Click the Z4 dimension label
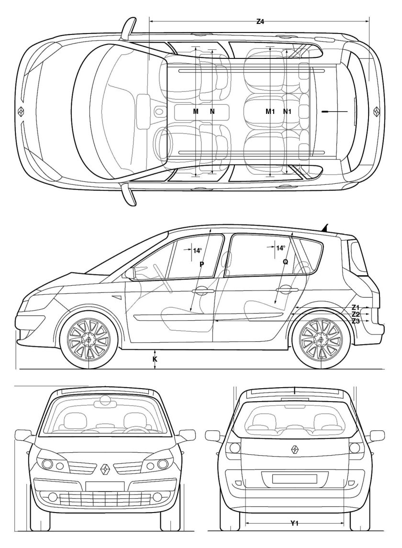click(260, 22)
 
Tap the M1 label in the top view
click(270, 112)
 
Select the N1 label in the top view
click(287, 112)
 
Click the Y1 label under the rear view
click(294, 523)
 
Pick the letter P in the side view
click(201, 264)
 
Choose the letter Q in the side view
click(285, 261)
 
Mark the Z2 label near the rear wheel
click(356, 314)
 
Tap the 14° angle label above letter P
click(198, 250)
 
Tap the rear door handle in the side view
click(287, 290)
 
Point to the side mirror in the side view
click(130, 273)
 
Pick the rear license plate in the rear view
click(295, 479)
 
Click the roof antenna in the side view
click(325, 227)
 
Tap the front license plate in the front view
click(105, 486)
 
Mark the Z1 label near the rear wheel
click(356, 307)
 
